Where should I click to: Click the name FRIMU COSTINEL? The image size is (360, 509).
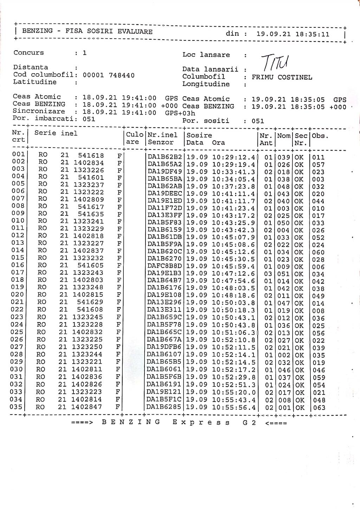(282, 77)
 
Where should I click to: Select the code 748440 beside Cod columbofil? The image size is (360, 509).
(122, 75)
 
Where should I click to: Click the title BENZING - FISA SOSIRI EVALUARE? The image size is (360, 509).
(87, 31)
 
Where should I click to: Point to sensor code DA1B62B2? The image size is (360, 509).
(165, 157)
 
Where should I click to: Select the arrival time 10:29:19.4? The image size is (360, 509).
(233, 164)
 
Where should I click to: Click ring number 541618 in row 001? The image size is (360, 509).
(91, 155)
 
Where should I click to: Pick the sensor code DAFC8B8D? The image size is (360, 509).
(165, 266)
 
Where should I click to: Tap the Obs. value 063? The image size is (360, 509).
(319, 408)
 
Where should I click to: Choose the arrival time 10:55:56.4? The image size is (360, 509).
(233, 407)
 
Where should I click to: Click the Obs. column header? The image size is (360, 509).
(320, 136)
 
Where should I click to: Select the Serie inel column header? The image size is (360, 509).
(56, 133)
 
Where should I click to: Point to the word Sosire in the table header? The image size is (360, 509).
(199, 135)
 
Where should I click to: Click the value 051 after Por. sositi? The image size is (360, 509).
(258, 121)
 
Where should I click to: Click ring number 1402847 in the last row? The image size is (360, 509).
(87, 407)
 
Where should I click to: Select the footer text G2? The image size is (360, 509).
(249, 423)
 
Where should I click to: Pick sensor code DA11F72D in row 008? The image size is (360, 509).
(165, 208)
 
